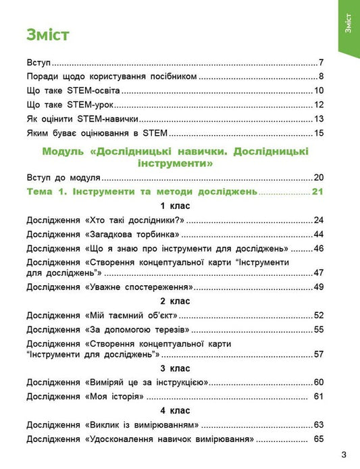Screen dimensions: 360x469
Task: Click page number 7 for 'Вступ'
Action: click(x=322, y=61)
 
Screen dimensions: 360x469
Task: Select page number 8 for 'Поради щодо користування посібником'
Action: click(x=322, y=76)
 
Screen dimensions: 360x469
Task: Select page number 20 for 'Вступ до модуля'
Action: click(x=319, y=178)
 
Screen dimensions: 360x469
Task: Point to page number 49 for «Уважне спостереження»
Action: click(x=319, y=287)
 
